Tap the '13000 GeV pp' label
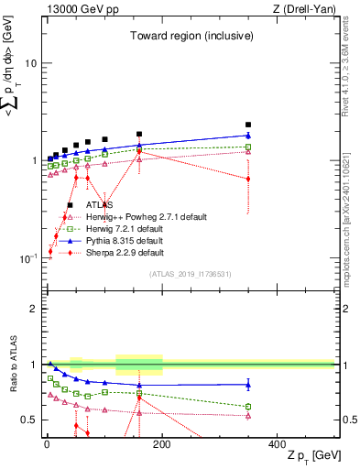[75, 9]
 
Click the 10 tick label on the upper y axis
[30, 63]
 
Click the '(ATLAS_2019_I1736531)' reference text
[190, 274]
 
